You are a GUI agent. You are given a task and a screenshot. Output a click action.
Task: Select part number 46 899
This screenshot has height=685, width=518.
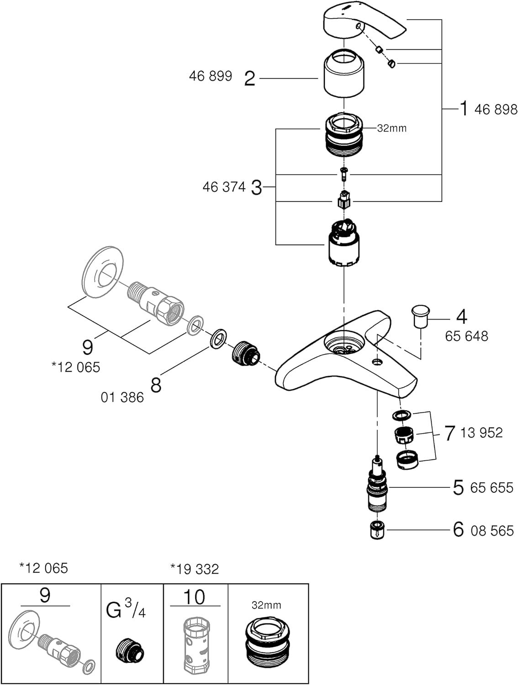[x=211, y=76]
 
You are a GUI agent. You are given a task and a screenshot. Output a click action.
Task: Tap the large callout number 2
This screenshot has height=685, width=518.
[x=249, y=79]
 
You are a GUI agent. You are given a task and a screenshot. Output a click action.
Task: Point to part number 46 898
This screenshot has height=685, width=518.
[x=496, y=110]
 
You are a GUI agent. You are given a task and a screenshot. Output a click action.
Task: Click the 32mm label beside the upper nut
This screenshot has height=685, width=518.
[x=392, y=128]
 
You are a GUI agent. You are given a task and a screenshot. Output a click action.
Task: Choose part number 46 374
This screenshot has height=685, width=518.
[x=224, y=187]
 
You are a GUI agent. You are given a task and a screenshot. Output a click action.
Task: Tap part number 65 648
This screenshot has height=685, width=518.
[x=466, y=336]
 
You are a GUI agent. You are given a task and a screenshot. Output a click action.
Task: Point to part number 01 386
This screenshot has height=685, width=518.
[x=122, y=397]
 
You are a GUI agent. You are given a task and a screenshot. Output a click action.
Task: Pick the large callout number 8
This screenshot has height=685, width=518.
[x=156, y=385]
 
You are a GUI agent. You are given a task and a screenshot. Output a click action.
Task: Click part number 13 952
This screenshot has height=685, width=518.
[x=481, y=432]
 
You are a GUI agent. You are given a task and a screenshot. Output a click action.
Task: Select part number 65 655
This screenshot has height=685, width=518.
[x=492, y=488]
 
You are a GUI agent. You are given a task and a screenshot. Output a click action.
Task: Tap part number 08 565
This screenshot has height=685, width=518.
[x=492, y=531]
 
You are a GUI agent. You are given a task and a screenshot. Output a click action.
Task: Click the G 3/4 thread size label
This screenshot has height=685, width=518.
[x=126, y=610]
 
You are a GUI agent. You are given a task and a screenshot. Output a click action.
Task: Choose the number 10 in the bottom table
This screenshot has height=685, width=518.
[x=194, y=597]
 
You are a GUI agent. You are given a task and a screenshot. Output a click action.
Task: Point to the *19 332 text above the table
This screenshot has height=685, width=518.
[x=195, y=569]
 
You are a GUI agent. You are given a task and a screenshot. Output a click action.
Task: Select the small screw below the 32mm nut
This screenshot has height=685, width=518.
[x=344, y=173]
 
